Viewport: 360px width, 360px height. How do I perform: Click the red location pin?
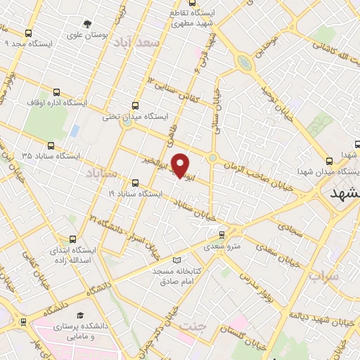coord(181,166)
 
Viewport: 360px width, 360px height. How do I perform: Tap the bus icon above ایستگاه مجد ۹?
coord(28,33)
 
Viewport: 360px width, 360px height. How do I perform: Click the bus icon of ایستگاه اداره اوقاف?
coord(57,92)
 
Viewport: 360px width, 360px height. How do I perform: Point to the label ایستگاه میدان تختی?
coord(126,117)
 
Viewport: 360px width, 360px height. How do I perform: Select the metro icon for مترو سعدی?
coord(222,236)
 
